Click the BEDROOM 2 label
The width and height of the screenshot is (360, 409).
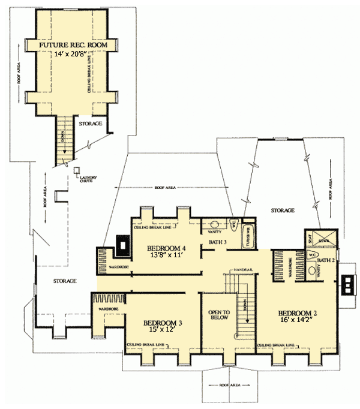pos(298,313)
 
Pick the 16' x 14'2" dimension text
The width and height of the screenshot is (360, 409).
pos(298,321)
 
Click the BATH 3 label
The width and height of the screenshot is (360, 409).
pos(217,242)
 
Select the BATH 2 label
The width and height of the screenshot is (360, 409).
pos(325,260)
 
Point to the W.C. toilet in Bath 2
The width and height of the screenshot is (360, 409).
pos(312,254)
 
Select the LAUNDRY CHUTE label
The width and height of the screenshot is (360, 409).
pos(88,179)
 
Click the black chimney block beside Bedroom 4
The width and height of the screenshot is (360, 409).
pos(122,244)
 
